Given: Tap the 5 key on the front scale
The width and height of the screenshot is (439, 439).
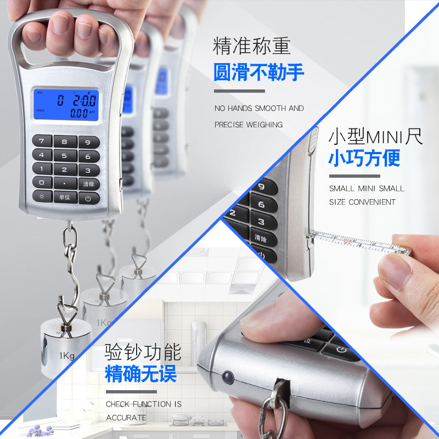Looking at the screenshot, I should tap(65, 155).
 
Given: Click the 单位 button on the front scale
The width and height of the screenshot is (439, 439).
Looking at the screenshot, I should tap(65, 197).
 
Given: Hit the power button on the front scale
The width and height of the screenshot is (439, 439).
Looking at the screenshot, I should tap(88, 197).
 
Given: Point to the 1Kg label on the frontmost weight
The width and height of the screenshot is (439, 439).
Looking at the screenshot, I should tap(67, 356).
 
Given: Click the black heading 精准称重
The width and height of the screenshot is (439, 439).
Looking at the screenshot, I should tap(251, 47).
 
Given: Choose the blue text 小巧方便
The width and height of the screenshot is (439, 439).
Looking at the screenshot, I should tap(364, 158).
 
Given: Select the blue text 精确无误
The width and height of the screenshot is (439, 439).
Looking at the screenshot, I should tap(141, 375).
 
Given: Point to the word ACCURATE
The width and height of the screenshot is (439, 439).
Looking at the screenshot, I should tap(126, 418).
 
